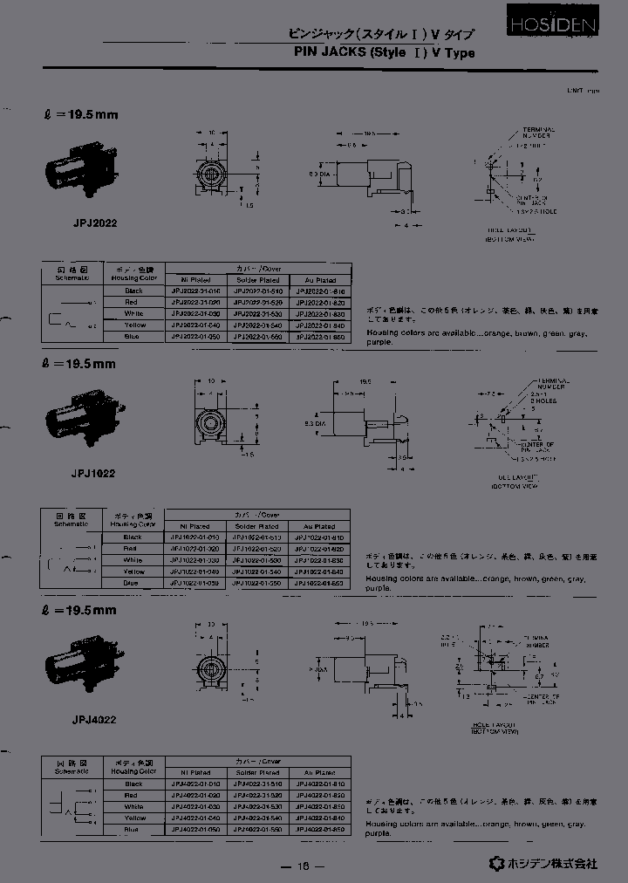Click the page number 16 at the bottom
pyautogui.click(x=304, y=866)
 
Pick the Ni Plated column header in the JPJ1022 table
pyautogui.click(x=195, y=527)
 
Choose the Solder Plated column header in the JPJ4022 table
pyautogui.click(x=258, y=772)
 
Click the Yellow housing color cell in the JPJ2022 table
pyautogui.click(x=133, y=325)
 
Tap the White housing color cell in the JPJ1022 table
pyautogui.click(x=133, y=560)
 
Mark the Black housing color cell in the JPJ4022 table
pyautogui.click(x=133, y=784)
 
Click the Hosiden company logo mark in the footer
pyautogui.click(x=496, y=863)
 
